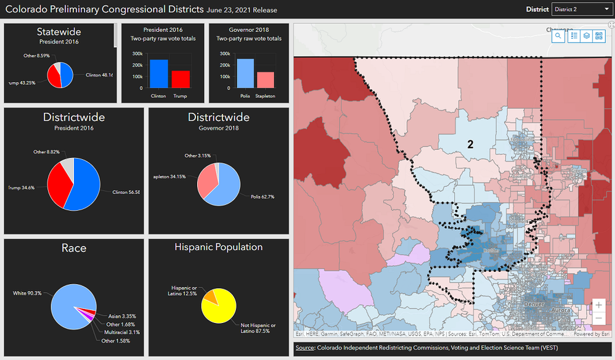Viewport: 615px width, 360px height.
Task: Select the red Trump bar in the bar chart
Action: coord(181,81)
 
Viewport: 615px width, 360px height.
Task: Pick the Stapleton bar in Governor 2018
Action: coord(266,81)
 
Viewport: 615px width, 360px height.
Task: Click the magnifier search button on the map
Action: coord(558,36)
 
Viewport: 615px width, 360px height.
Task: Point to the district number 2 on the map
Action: coord(470,144)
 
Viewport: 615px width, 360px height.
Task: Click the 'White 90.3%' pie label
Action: coord(28,293)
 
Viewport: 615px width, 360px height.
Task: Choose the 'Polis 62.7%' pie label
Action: coord(262,197)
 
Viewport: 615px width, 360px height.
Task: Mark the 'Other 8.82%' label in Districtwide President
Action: coord(46,151)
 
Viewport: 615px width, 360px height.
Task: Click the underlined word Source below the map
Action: coord(305,348)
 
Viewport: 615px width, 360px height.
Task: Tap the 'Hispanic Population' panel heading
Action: coord(218,247)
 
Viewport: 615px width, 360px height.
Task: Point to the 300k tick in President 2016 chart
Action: coord(138,54)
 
